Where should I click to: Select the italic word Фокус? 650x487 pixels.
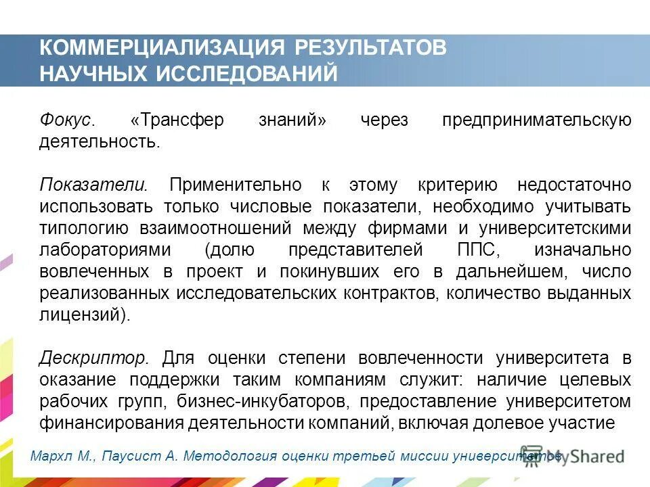coord(65,120)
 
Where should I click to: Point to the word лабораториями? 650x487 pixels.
coord(105,250)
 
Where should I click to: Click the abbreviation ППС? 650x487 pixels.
coord(479,250)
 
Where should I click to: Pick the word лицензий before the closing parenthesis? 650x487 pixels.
coord(80,315)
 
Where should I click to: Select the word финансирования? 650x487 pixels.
coord(100,423)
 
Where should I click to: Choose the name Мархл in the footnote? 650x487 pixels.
coord(51,456)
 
